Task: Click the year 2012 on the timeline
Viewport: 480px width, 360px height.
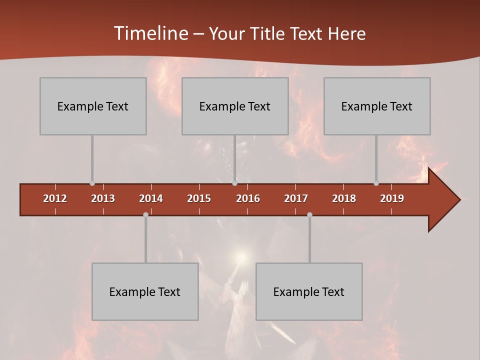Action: [55, 198]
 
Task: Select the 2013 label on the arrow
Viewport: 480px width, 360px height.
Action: [103, 198]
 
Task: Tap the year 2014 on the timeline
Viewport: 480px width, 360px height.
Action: [151, 198]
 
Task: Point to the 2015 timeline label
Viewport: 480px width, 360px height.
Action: [199, 198]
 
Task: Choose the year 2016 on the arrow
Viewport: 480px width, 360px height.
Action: [248, 198]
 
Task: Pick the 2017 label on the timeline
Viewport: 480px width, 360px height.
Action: [296, 198]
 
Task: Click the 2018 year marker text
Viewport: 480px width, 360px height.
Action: [344, 198]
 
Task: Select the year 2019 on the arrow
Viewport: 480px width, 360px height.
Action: [392, 198]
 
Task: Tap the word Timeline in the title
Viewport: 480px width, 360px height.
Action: [149, 33]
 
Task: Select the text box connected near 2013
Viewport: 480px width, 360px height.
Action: [93, 106]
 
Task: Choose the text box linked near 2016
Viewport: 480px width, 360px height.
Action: [235, 106]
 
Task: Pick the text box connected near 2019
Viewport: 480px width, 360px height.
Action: [377, 106]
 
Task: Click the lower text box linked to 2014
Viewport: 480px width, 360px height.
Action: [145, 291]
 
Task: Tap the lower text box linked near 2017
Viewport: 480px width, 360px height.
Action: [309, 291]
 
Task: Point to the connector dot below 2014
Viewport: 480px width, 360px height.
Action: [145, 214]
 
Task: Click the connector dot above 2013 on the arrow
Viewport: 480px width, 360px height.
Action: [92, 183]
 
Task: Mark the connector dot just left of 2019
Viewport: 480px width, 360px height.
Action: [376, 183]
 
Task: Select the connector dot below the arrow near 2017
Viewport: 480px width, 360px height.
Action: [309, 214]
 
